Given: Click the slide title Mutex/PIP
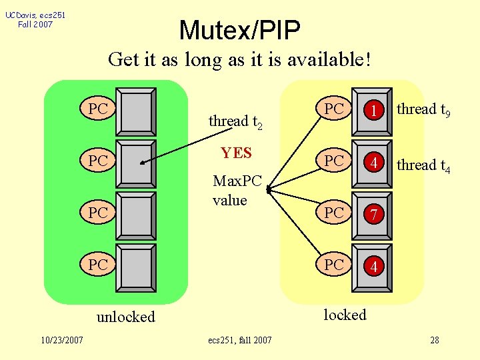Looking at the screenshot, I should [x=239, y=29].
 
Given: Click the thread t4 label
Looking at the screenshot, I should [x=423, y=165].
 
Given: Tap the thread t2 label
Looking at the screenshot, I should [x=235, y=122].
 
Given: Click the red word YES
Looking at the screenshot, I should [x=236, y=153].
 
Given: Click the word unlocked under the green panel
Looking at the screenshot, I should [x=125, y=317].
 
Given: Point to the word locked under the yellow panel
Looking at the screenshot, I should [x=345, y=315].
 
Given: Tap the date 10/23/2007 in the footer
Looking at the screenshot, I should [x=61, y=340].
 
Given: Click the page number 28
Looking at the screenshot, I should [x=434, y=340].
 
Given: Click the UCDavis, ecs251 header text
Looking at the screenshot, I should [x=35, y=15].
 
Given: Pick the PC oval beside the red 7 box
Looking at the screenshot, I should [x=334, y=213].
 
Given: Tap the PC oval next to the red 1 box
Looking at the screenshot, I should [x=334, y=109].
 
